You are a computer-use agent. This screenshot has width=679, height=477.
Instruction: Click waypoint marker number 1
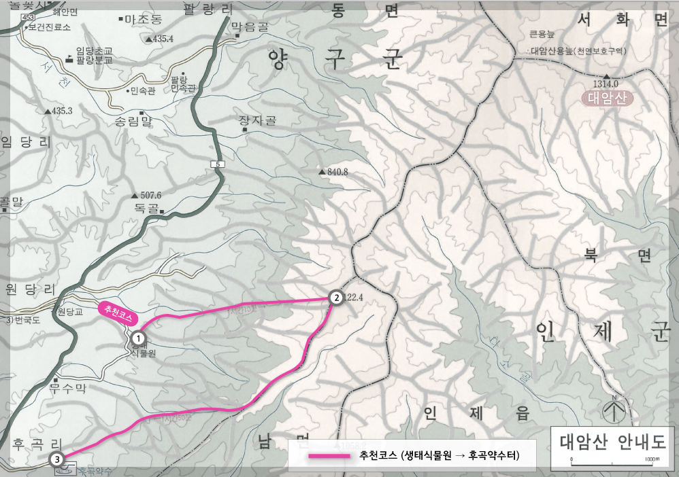point(138,336)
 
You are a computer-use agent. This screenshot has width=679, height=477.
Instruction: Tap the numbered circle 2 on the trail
point(335,297)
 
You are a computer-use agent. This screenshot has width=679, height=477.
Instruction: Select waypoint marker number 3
point(59,459)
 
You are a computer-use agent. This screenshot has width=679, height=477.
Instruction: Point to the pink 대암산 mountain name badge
point(607,99)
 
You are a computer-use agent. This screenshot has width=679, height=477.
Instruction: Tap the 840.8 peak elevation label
point(337,172)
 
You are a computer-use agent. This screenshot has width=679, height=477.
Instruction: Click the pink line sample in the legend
point(328,455)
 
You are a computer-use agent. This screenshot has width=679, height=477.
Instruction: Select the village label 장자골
point(257,121)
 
